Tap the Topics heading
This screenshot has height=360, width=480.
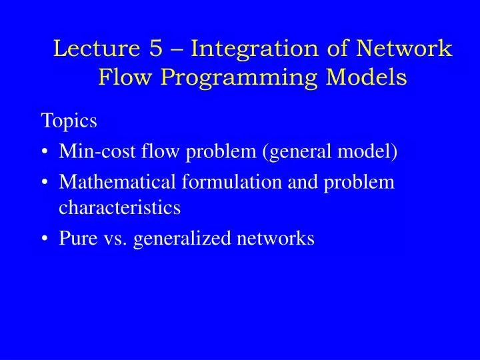pyautogui.click(x=69, y=121)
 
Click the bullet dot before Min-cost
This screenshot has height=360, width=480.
pyautogui.click(x=45, y=153)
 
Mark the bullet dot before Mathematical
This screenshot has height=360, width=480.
pyautogui.click(x=45, y=181)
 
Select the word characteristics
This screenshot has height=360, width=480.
pyautogui.click(x=120, y=208)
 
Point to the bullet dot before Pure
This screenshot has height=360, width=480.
pyautogui.click(x=45, y=238)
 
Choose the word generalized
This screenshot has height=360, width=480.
pyautogui.click(x=176, y=239)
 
